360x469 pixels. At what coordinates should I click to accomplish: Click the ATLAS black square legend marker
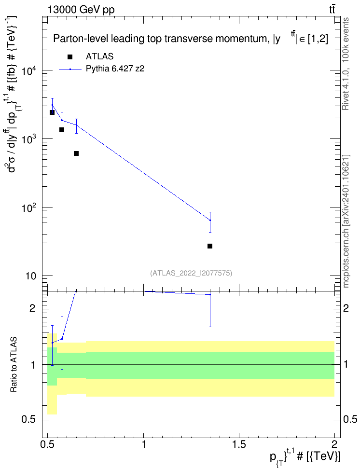[x=69, y=56]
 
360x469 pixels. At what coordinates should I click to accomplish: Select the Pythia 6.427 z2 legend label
[x=115, y=69]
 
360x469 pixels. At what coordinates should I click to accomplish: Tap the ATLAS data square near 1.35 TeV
[x=210, y=246]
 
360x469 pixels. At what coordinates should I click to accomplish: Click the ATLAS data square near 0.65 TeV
[x=76, y=153]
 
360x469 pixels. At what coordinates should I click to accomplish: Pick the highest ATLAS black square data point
[x=52, y=112]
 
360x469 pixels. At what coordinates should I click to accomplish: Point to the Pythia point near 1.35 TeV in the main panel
[x=210, y=220]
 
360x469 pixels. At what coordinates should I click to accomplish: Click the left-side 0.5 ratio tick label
[x=29, y=420]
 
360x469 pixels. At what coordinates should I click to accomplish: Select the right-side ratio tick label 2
[x=346, y=308]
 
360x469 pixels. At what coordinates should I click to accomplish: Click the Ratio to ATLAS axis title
[x=13, y=365]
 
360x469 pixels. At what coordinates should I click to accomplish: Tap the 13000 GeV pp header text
[x=81, y=10]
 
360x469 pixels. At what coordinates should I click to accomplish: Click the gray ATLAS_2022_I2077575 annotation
[x=191, y=273]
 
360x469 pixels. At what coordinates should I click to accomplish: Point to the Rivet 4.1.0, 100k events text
[x=346, y=64]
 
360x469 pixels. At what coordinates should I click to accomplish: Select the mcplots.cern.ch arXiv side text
[x=346, y=221]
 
